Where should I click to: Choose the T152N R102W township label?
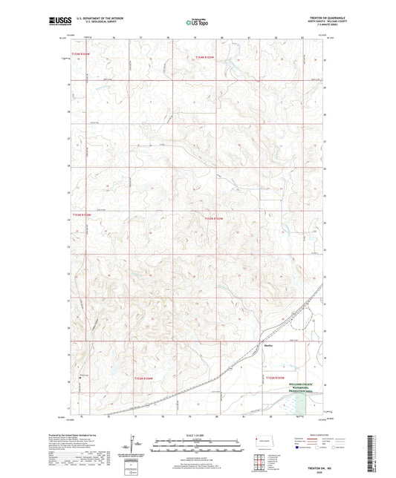click(276, 379)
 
